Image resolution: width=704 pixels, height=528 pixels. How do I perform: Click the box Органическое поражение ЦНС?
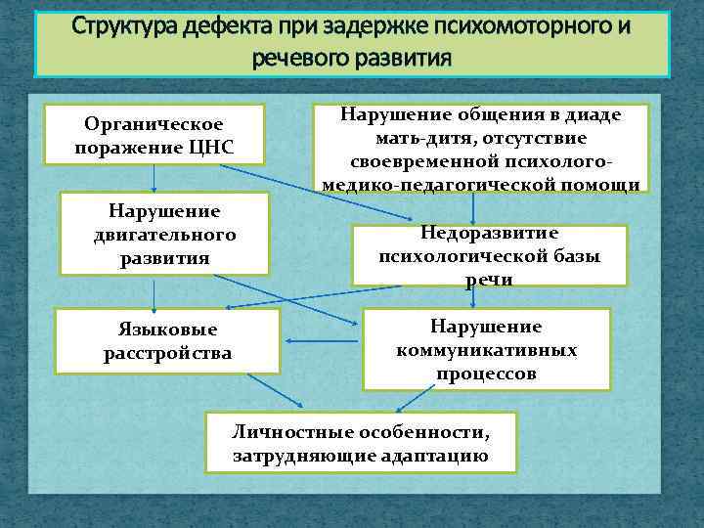click(x=155, y=136)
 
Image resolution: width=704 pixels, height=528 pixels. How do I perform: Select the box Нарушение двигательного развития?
click(x=163, y=235)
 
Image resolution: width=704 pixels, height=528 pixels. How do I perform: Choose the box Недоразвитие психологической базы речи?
click(x=489, y=255)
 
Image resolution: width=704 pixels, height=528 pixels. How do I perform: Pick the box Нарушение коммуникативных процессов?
click(x=486, y=349)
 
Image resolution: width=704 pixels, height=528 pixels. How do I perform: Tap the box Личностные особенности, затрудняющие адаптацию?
click(x=361, y=442)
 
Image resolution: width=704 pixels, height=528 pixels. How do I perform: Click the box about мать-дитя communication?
click(x=480, y=149)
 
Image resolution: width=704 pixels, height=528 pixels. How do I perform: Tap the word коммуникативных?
click(x=486, y=349)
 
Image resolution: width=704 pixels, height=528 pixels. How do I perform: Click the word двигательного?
click(x=163, y=235)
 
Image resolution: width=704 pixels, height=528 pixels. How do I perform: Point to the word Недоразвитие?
click(x=489, y=233)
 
